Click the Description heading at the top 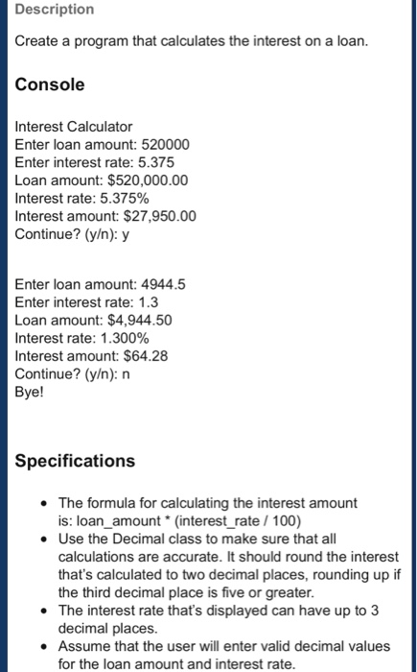[54, 10]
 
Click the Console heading [50, 84]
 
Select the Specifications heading [76, 461]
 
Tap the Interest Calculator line [74, 127]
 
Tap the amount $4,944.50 [140, 320]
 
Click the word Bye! [31, 392]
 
